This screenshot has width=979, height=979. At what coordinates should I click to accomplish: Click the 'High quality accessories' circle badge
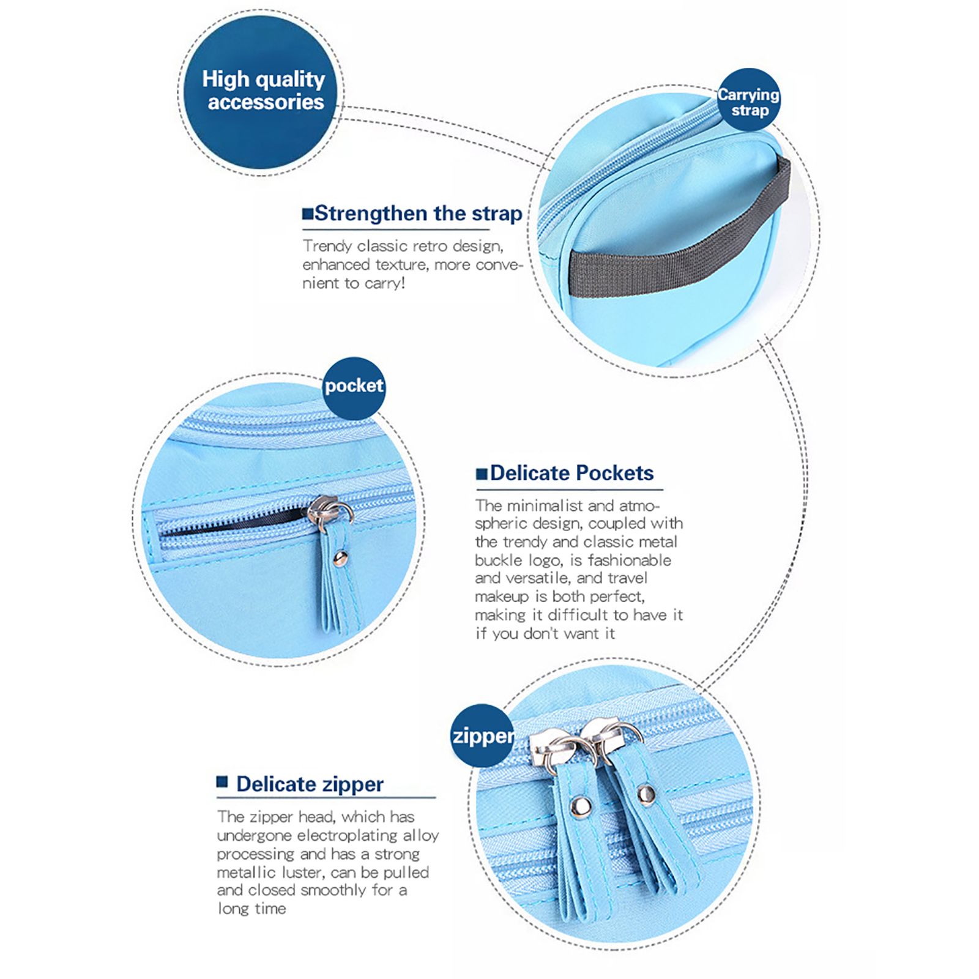[260, 92]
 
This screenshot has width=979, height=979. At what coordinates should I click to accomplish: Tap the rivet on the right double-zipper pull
[646, 794]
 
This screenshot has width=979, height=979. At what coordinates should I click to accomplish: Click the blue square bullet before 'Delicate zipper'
[222, 782]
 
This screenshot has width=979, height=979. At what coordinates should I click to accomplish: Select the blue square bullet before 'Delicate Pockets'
[482, 474]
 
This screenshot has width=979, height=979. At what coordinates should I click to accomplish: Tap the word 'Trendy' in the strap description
[327, 247]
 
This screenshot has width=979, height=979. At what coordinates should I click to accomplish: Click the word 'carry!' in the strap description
[385, 283]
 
